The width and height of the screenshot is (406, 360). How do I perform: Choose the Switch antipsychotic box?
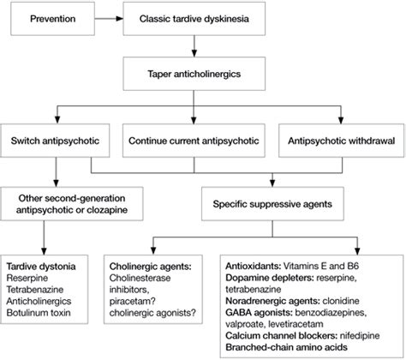click(57, 140)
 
